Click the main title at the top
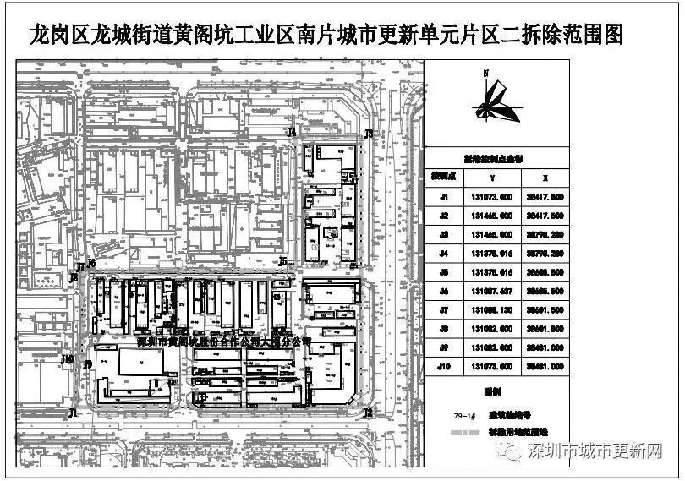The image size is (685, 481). [326, 36]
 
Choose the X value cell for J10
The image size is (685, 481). [545, 366]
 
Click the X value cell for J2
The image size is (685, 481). [545, 216]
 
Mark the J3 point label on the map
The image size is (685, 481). [369, 134]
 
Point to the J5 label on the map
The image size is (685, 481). [283, 261]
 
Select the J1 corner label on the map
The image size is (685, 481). [74, 413]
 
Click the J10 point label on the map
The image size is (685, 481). [68, 359]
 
